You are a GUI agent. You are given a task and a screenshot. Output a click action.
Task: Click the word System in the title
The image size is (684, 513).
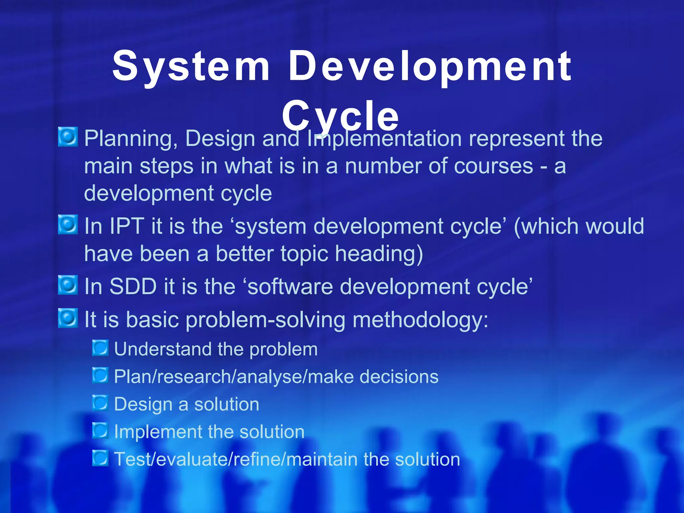click(x=191, y=67)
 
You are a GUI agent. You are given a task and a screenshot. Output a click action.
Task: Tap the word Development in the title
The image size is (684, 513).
click(x=430, y=67)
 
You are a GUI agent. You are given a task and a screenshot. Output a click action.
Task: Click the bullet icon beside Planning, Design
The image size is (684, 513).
click(x=68, y=137)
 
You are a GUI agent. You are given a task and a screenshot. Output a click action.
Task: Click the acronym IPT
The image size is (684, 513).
click(x=127, y=226)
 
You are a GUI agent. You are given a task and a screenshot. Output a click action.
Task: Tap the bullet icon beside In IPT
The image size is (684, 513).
click(x=68, y=225)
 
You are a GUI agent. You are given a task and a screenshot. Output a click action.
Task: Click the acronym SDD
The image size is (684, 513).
click(x=133, y=287)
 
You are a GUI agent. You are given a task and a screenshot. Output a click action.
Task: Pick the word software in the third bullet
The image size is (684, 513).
click(x=290, y=287)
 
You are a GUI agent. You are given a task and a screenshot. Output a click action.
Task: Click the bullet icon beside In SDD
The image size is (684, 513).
click(x=68, y=285)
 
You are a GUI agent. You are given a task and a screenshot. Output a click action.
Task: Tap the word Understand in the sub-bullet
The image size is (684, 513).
click(x=163, y=349)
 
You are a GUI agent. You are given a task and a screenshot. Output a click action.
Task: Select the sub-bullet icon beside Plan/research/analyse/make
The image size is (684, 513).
click(x=100, y=375)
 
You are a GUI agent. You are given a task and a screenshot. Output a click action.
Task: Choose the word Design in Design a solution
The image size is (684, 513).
click(x=143, y=405)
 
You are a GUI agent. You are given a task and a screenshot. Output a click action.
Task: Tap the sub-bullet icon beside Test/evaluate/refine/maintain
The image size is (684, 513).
click(x=100, y=458)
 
